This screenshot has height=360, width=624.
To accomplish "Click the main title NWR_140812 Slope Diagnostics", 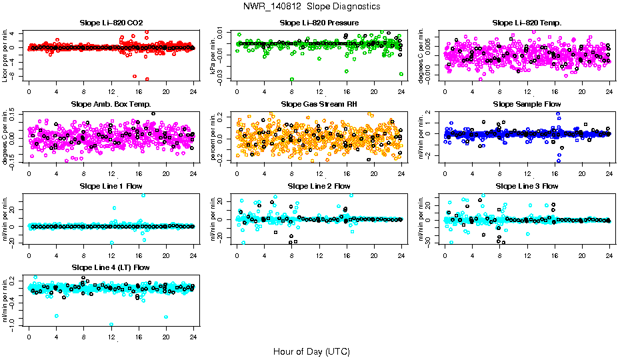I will click(x=312, y=6).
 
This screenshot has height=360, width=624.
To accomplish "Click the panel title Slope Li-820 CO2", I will click(x=111, y=23).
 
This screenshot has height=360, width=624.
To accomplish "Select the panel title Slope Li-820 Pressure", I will click(x=319, y=23).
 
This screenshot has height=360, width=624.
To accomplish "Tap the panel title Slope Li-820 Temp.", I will click(x=527, y=23).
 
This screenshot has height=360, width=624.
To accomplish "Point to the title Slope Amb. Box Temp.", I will click(x=111, y=104).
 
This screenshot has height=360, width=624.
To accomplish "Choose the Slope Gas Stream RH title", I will click(x=319, y=104).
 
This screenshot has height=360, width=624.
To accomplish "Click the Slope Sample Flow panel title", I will click(x=527, y=104).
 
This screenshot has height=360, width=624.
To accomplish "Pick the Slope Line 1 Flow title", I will click(x=111, y=186).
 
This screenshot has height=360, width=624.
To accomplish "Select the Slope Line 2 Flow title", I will click(x=319, y=186).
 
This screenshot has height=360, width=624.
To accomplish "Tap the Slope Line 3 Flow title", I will click(x=527, y=186).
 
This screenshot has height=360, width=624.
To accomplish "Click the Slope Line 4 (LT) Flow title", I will click(x=111, y=267).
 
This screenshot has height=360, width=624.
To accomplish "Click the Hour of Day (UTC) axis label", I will click(x=311, y=351).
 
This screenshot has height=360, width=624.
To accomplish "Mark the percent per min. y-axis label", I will click(x=213, y=136).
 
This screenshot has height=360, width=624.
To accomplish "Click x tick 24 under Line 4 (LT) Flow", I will click(x=193, y=337).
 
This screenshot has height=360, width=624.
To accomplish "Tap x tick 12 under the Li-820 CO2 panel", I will click(x=111, y=91).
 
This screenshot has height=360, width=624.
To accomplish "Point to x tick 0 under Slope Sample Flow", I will click(x=445, y=173).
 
